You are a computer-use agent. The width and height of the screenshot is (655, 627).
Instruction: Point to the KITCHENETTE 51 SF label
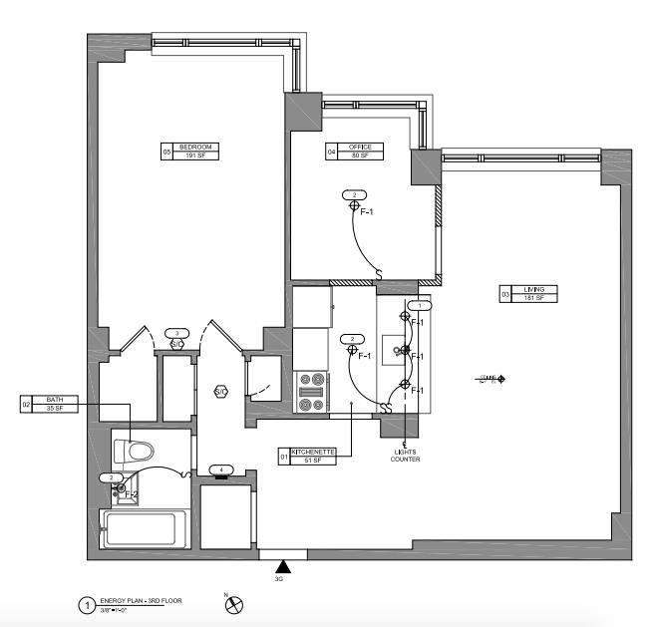coord(314,456)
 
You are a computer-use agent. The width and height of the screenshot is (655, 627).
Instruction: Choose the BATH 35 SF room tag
coord(50,404)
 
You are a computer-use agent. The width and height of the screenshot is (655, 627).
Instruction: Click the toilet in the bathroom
coord(133,452)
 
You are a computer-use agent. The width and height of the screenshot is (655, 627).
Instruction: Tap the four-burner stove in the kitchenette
coord(311,393)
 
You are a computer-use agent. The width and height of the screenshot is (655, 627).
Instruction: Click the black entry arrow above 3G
coord(282,566)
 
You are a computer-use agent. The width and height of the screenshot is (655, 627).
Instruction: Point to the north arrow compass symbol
coord(235,604)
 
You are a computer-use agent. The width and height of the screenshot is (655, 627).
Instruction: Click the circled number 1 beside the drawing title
coord(86,605)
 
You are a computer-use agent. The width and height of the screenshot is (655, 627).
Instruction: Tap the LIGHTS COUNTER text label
coord(405,456)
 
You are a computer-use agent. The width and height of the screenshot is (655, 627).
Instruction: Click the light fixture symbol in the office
coord(353,206)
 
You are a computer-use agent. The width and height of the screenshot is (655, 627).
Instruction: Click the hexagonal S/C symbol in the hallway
coord(220,392)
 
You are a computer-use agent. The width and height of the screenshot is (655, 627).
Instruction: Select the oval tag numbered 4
coord(221,470)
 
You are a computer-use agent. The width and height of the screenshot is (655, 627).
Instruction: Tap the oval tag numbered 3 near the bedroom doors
coord(177,333)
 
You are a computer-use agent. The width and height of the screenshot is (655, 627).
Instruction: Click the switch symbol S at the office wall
coord(378,274)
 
